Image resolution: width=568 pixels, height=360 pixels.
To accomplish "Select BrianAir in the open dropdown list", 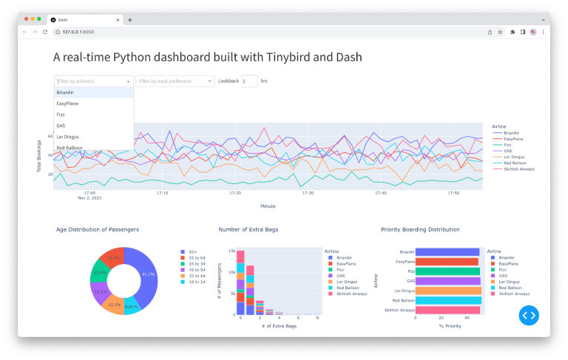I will point(67,92).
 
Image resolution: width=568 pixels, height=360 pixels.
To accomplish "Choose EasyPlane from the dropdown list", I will point(68,103).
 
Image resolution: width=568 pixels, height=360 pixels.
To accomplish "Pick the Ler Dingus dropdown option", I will point(68,137).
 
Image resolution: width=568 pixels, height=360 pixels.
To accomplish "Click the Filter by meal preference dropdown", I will point(175,81).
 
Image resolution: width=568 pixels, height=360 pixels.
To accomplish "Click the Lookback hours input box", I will point(249,81).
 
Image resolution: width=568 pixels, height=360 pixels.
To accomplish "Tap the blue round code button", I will point(529,315).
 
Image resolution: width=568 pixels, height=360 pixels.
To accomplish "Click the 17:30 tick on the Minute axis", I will point(308,193).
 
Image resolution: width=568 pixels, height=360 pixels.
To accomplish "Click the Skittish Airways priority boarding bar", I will point(448,310).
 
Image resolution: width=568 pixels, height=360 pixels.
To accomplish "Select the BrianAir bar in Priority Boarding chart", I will point(447,252).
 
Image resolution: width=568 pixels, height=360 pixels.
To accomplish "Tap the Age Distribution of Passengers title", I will point(98,230).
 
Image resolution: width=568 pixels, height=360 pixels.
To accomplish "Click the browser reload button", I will point(45,32).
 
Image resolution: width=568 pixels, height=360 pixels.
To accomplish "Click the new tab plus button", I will point(130,19).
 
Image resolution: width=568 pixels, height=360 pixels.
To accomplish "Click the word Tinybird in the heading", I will point(254,57).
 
